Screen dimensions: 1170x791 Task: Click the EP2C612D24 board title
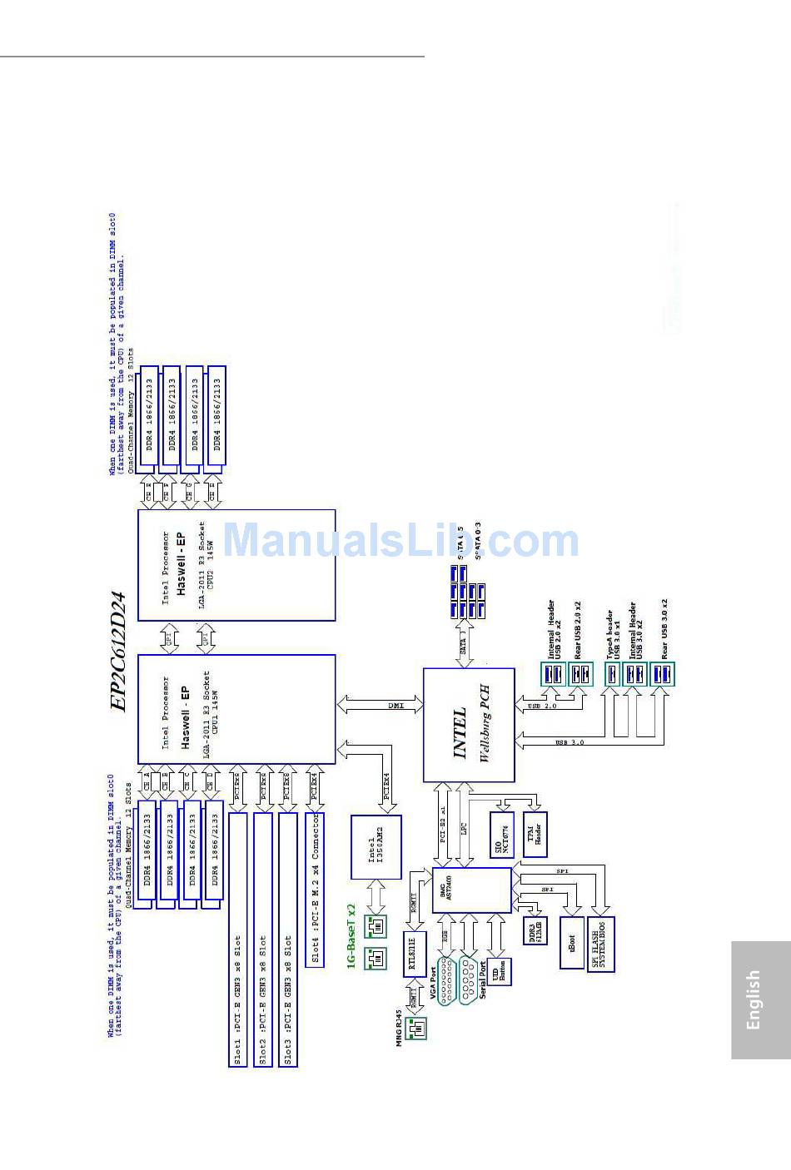click(x=118, y=652)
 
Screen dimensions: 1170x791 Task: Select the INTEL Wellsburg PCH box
click(x=470, y=725)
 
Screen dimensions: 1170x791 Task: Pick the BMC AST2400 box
click(x=471, y=890)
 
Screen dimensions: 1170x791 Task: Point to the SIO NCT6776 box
click(x=502, y=834)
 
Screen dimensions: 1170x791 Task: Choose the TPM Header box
click(x=535, y=834)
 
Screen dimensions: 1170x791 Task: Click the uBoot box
click(x=572, y=942)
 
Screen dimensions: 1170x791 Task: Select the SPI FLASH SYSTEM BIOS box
click(x=600, y=944)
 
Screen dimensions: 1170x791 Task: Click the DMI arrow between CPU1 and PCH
click(x=381, y=705)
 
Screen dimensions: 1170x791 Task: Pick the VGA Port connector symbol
click(x=446, y=980)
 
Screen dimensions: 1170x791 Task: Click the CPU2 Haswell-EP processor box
click(x=236, y=565)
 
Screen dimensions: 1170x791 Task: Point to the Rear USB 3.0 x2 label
click(x=664, y=628)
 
